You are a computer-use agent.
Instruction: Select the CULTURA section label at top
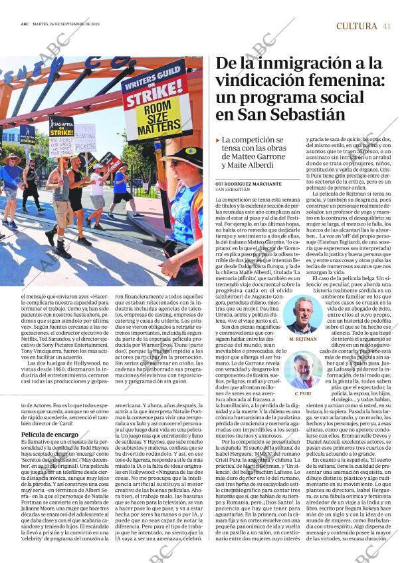(x=356, y=26)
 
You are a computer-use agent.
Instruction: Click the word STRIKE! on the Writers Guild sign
(x=150, y=97)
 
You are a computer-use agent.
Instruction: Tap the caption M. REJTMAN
(x=303, y=339)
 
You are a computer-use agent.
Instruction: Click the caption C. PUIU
(x=303, y=394)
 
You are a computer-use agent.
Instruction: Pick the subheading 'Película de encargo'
(x=50, y=435)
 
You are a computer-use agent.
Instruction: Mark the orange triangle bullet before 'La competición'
(x=218, y=140)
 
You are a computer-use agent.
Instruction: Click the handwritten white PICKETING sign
(x=85, y=138)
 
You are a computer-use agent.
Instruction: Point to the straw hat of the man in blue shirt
(x=11, y=158)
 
